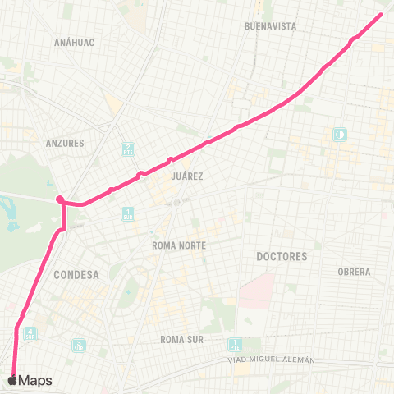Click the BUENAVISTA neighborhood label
click(x=270, y=26)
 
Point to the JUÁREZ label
click(x=187, y=176)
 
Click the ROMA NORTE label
click(x=178, y=245)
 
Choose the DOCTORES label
click(x=282, y=256)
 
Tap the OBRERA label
click(x=354, y=272)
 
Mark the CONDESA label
click(x=76, y=275)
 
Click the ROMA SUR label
click(x=181, y=339)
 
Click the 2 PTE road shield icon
click(x=127, y=150)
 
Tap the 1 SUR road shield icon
click(x=127, y=215)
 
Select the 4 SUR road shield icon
click(x=30, y=334)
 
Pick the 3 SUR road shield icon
click(x=78, y=346)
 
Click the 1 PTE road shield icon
click(x=236, y=346)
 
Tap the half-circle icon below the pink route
click(x=338, y=134)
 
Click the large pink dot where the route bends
click(x=60, y=199)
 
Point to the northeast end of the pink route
click(x=382, y=14)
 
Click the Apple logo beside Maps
click(x=11, y=380)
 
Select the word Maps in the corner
click(x=35, y=381)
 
